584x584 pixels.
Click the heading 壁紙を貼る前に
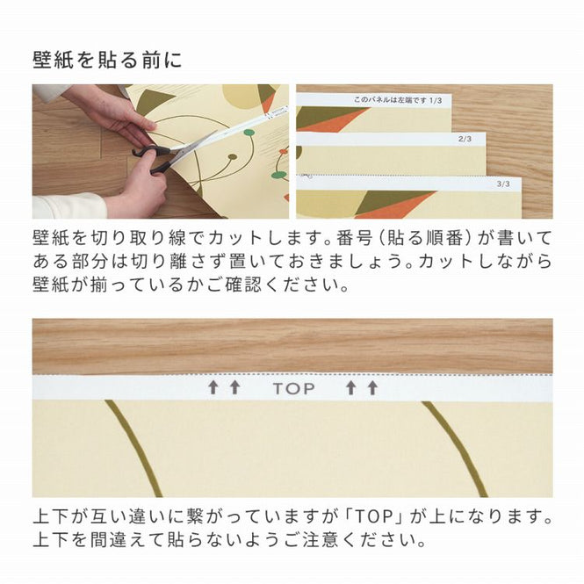tap(107, 60)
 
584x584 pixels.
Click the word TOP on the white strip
tap(294, 388)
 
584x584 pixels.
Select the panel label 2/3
tap(465, 139)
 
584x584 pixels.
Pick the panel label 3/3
tap(503, 184)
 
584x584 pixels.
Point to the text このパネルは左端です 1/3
tap(398, 100)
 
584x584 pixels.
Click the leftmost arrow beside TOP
tap(213, 387)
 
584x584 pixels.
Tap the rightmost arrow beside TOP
tap(372, 387)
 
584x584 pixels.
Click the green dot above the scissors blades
tap(249, 133)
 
